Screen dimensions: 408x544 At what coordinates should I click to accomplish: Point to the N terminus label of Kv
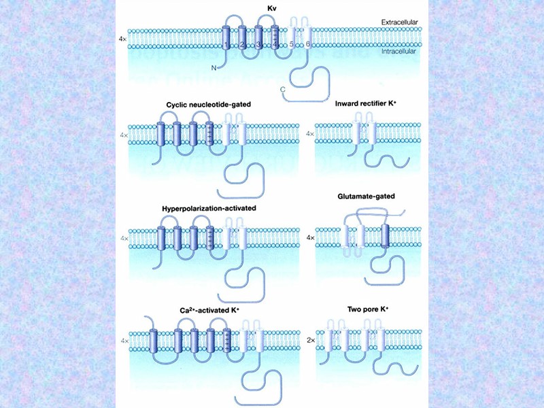click(x=214, y=67)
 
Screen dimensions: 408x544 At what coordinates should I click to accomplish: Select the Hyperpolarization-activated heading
click(x=209, y=207)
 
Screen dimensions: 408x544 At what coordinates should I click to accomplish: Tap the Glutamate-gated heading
click(x=366, y=197)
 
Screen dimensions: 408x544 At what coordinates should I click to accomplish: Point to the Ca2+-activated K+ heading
click(x=210, y=310)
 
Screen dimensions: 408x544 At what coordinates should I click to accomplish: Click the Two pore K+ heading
click(x=367, y=309)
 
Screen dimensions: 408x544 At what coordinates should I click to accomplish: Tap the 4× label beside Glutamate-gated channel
click(x=311, y=238)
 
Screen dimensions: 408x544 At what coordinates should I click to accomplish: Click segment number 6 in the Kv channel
click(x=309, y=45)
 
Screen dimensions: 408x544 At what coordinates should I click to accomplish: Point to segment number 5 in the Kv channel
click(x=292, y=45)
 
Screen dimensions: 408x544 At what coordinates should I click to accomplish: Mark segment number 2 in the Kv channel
click(x=242, y=45)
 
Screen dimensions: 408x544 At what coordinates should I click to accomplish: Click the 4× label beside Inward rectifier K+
click(x=311, y=134)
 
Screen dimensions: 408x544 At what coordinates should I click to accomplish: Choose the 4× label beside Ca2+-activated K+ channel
click(x=124, y=339)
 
